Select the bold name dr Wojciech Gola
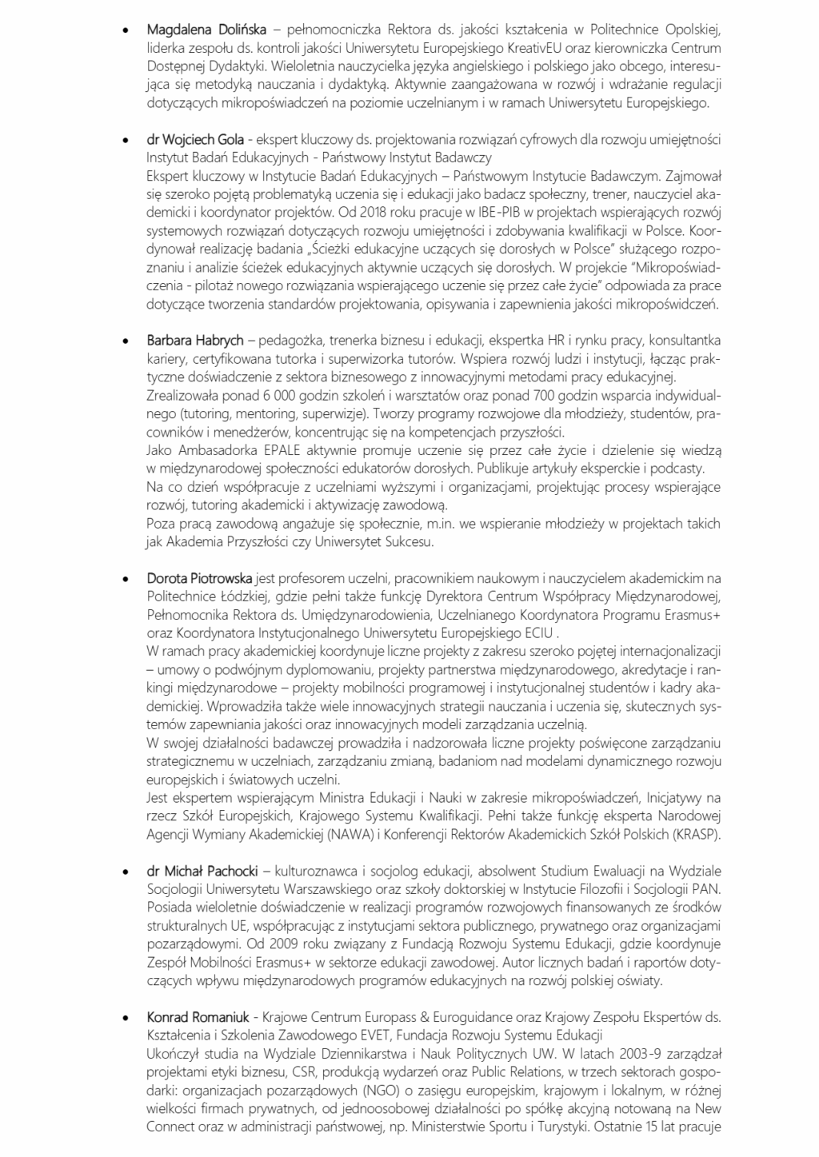point(195,140)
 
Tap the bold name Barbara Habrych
point(195,341)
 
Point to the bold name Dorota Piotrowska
point(200,577)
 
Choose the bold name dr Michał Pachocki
point(200,870)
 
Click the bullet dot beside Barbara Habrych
point(125,341)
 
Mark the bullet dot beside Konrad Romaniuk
point(125,1019)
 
